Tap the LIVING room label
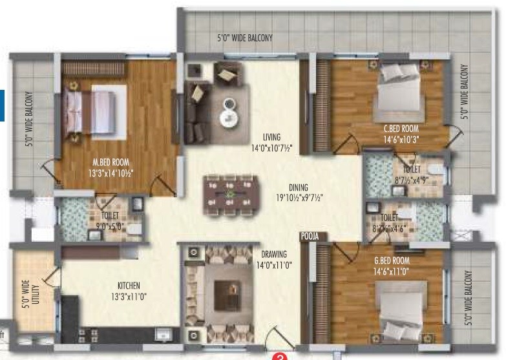(271, 137)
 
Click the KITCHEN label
(129, 285)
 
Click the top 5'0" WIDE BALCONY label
(244, 38)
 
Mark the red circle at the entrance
(279, 355)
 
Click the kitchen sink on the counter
(163, 335)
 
